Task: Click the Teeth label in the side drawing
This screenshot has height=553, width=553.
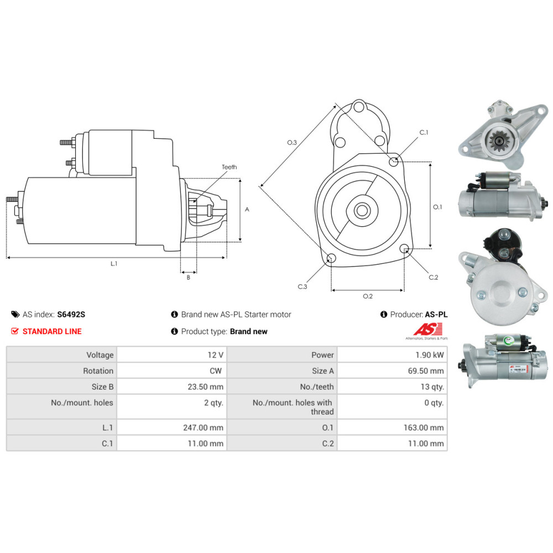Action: pos(229,167)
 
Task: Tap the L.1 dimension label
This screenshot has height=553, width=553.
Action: pos(114,264)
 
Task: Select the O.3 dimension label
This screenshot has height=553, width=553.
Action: pos(292,143)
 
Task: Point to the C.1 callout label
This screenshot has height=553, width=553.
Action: pos(424,133)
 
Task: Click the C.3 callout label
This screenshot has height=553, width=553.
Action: pos(302,286)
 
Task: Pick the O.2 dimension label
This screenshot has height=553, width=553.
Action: pos(368,296)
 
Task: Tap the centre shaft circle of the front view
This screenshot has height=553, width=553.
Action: pos(362,211)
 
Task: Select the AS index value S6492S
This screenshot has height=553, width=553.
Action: pos(71,315)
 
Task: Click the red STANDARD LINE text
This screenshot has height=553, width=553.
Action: pos(51,331)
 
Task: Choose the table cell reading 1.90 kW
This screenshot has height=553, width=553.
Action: pos(430,355)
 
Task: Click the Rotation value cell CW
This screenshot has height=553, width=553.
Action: pos(216,371)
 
